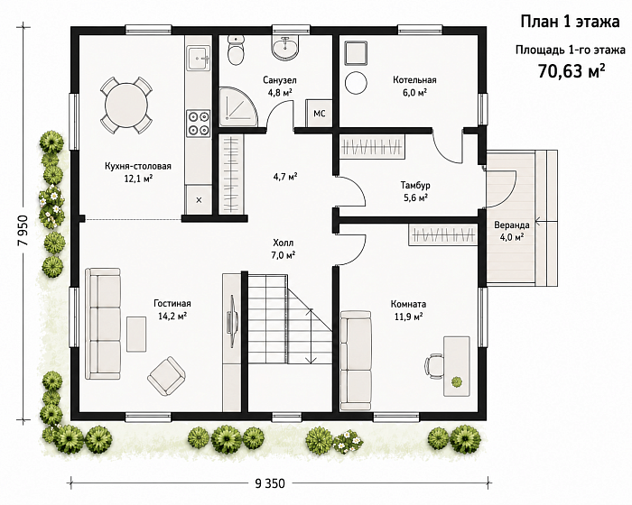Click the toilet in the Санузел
click(236, 50)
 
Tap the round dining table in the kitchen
click(126, 106)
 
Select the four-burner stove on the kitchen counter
click(199, 123)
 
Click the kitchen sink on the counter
click(199, 58)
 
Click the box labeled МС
click(320, 113)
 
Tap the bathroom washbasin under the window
click(285, 48)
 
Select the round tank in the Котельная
click(356, 83)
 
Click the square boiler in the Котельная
click(356, 53)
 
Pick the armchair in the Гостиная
click(166, 376)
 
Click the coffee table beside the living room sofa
click(136, 334)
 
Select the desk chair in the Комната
click(433, 366)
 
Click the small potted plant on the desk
click(456, 381)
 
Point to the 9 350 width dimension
click(270, 482)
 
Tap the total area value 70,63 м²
click(572, 71)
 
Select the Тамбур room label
click(415, 185)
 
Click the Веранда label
click(512, 225)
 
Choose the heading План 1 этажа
click(570, 22)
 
